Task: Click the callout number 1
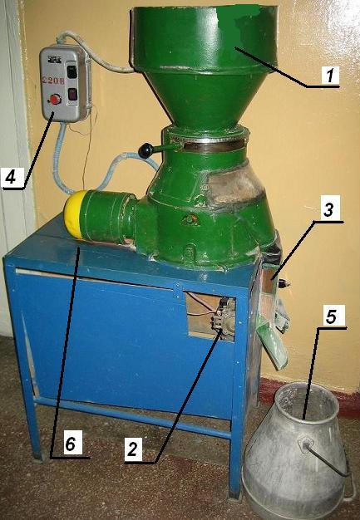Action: pos(330,75)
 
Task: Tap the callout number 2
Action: pos(132,449)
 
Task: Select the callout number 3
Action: pos(328,209)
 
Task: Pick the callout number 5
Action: pos(331,316)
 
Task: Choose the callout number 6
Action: pos(70,444)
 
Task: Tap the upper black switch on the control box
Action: pos(72,71)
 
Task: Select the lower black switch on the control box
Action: pos(72,94)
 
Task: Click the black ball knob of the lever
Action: pos(145,151)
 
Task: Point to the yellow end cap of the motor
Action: pos(73,214)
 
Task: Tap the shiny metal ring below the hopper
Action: pos(214,145)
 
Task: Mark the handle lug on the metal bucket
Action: pos(305,444)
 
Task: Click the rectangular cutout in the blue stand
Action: pos(211,316)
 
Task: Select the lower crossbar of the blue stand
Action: pos(133,416)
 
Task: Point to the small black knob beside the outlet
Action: pos(285,283)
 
